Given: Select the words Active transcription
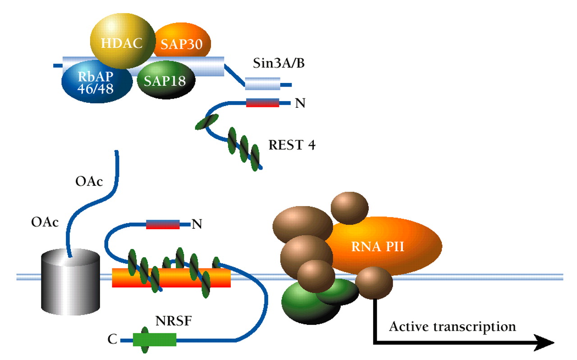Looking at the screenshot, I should [x=452, y=326].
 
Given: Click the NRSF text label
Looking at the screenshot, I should [x=172, y=322].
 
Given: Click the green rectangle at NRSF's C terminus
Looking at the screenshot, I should [x=155, y=340].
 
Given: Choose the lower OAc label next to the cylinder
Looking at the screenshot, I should [x=45, y=222].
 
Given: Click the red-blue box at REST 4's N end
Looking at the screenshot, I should [x=262, y=103].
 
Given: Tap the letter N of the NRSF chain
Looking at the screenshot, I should [x=196, y=224].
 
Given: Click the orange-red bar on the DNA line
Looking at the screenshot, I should [x=171, y=277].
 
